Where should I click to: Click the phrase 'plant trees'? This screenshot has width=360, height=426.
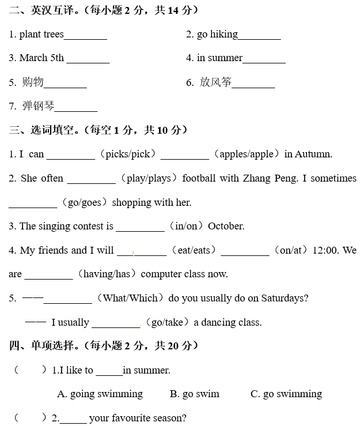click(41, 35)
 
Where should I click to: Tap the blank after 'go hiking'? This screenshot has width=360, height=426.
click(259, 36)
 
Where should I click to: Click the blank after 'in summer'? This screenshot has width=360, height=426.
click(264, 59)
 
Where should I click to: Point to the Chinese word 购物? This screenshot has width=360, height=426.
click(33, 82)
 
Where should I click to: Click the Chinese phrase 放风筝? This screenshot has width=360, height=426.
click(215, 82)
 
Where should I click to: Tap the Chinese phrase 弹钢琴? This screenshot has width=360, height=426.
click(38, 106)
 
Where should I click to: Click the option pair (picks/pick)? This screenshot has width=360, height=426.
click(128, 154)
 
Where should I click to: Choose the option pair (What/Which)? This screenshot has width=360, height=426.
click(129, 298)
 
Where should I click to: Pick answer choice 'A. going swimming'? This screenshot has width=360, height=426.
click(100, 394)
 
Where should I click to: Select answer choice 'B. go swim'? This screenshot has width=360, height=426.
click(195, 394)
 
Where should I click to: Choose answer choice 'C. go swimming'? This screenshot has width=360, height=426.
click(286, 394)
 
